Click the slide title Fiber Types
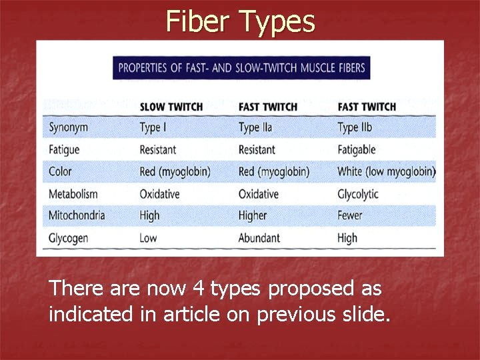[x=240, y=21]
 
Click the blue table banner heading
[x=241, y=67]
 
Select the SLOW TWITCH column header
[x=171, y=107]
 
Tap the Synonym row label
[x=68, y=127]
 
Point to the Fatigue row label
[x=64, y=149]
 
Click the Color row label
[x=60, y=171]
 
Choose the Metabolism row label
[x=73, y=194]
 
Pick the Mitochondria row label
[x=77, y=215]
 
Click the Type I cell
[x=153, y=127]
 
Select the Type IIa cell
[x=255, y=127]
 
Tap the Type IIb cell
[x=355, y=127]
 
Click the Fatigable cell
[x=357, y=149]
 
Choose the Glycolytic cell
[x=358, y=194]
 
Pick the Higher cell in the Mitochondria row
[x=253, y=215]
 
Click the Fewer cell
[x=350, y=215]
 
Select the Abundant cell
[x=259, y=237]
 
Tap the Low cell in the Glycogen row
[x=148, y=237]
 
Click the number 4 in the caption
[x=197, y=289]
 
